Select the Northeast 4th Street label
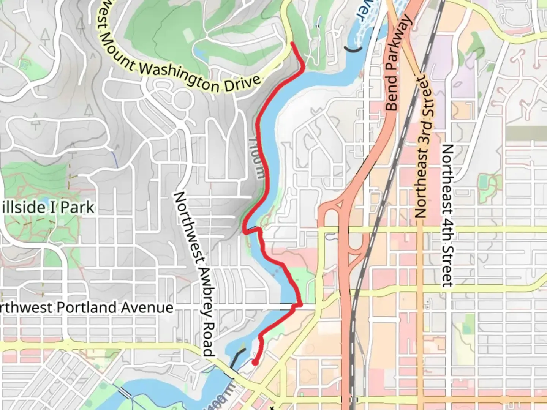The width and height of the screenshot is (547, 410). tap(447, 216)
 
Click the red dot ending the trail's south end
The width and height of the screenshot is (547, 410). tap(255, 363)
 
